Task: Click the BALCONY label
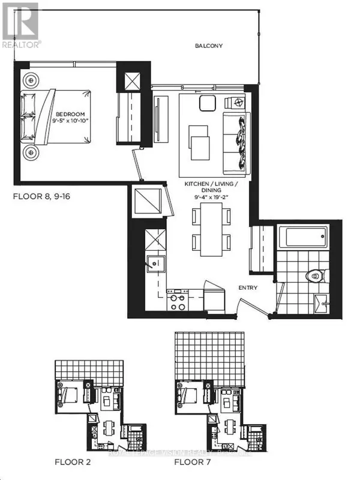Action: click(x=209, y=46)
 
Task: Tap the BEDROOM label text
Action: click(x=71, y=114)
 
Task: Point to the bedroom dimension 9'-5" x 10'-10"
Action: click(x=71, y=121)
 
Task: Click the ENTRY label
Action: click(x=248, y=287)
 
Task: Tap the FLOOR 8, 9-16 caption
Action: click(x=41, y=196)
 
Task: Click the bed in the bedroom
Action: click(x=57, y=117)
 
